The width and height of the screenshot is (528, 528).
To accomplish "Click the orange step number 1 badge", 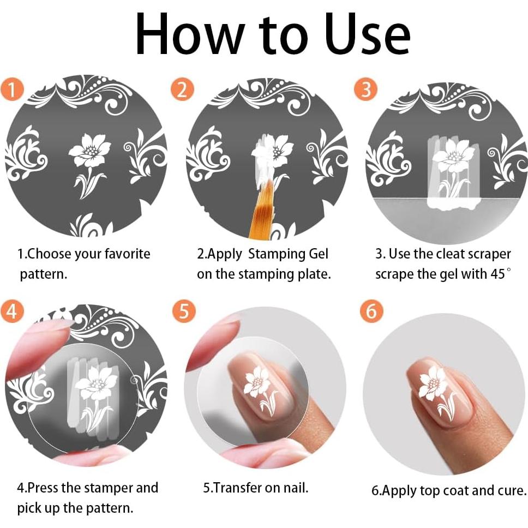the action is coord(12,89).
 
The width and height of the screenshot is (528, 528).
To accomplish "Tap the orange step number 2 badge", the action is coord(182,89).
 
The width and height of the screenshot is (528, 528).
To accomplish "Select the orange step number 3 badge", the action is coord(365,89).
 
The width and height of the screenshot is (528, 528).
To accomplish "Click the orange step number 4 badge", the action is coord(12,310).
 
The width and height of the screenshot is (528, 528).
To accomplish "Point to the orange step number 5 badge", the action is coord(184,310).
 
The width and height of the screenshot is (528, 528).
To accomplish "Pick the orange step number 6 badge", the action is coord(371,310).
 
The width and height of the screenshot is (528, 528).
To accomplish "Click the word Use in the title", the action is coord(368,34).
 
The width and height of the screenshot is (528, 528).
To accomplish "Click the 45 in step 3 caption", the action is coord(498,274).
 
